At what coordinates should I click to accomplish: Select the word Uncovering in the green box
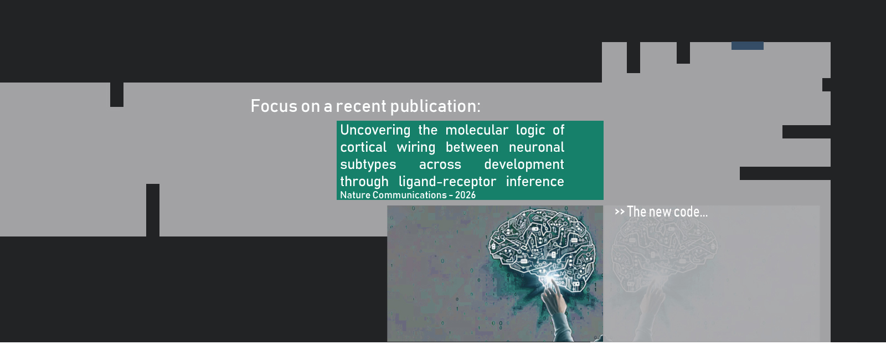[375, 131]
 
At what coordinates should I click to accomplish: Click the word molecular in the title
[477, 130]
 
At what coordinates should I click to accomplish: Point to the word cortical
[363, 147]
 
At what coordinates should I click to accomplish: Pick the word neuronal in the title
[537, 147]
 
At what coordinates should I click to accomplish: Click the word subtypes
[368, 165]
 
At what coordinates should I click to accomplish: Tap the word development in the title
[524, 165]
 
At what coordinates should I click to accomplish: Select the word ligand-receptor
[447, 182]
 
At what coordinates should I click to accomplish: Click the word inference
[535, 182]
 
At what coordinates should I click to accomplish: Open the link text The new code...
[667, 212]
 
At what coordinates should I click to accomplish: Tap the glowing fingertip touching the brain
[550, 281]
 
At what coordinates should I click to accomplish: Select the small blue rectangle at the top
[747, 46]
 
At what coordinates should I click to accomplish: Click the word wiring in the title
[416, 148]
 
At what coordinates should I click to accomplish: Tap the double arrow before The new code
[620, 212]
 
